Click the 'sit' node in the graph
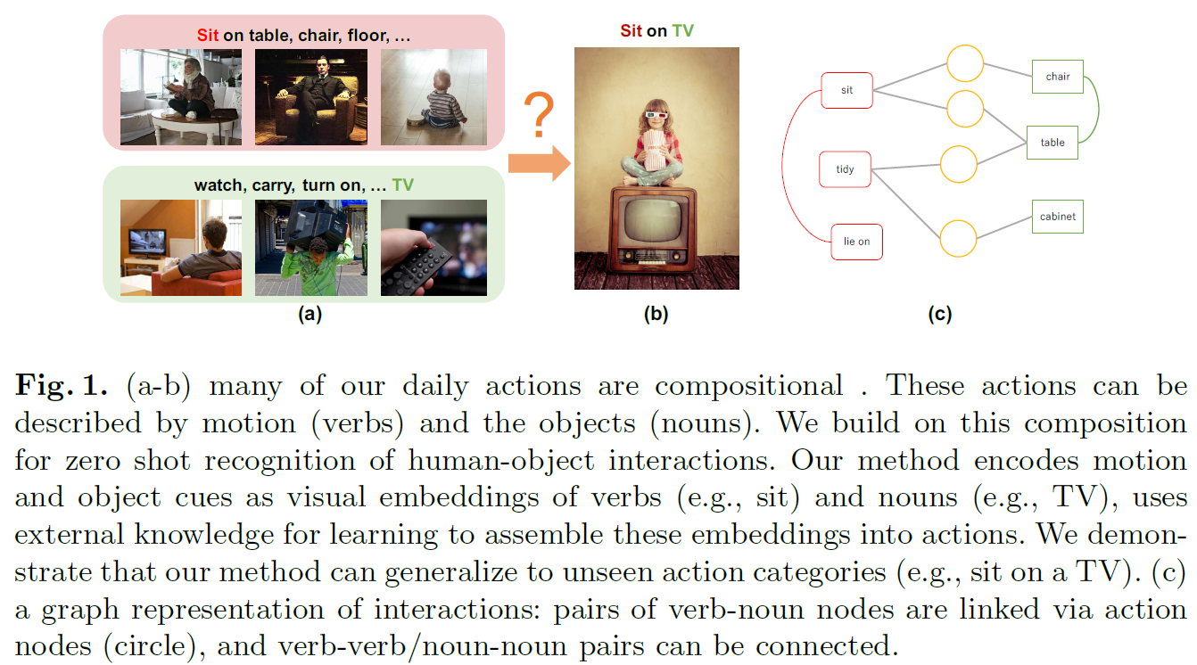pos(846,90)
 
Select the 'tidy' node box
pos(845,169)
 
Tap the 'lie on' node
pos(856,242)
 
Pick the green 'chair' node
pos(1057,77)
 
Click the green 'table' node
pos(1053,143)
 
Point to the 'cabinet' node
pos(1057,217)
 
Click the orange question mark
pos(538,116)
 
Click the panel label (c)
pos(939,314)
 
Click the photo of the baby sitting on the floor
pos(433,96)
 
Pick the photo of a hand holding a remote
pos(433,247)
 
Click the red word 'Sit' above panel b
pos(631,31)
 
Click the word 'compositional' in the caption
pos(748,387)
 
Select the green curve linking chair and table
pos(1096,108)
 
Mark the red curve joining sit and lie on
pos(784,166)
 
